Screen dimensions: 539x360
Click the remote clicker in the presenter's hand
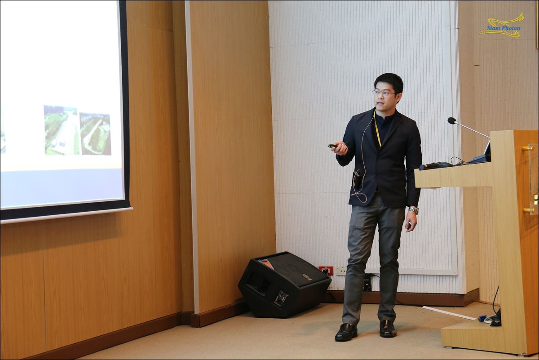333,146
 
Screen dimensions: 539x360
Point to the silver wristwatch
413,210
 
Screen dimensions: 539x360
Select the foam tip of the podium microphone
452,120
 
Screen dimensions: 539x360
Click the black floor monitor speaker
284,284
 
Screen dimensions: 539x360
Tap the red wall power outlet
326,271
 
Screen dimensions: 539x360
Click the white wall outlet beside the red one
341,271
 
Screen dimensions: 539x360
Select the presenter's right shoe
346,332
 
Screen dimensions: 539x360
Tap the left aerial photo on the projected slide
62,130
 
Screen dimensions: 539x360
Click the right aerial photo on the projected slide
95,133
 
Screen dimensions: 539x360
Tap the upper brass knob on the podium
527,149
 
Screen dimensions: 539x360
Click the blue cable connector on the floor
481,318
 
